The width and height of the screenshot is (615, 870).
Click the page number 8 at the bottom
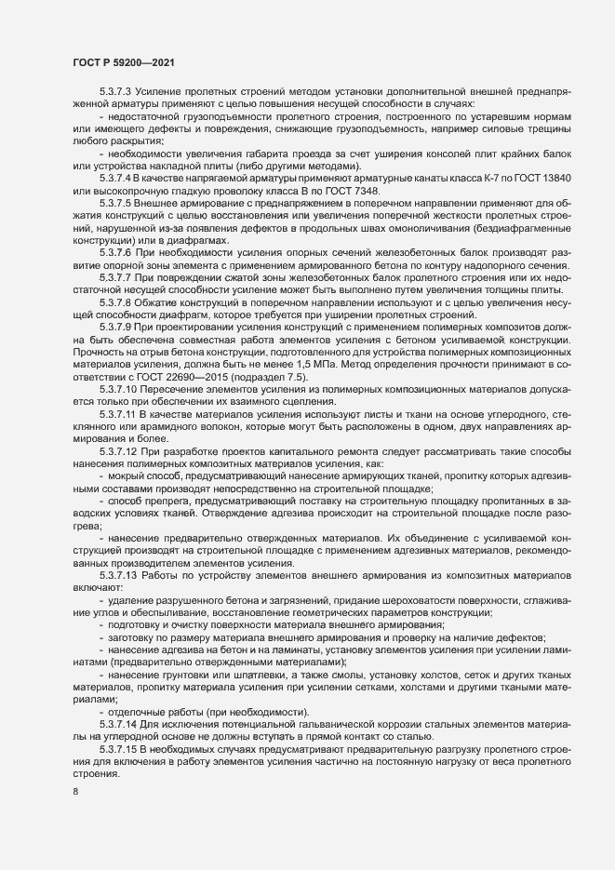click(75, 793)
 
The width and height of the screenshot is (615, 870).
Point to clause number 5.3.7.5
click(115, 201)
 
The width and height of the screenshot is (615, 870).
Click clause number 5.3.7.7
click(115, 278)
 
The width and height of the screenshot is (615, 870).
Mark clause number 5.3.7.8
click(115, 303)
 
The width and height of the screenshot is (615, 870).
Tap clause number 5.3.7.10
click(118, 390)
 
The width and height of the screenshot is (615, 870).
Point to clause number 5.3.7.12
click(118, 450)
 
